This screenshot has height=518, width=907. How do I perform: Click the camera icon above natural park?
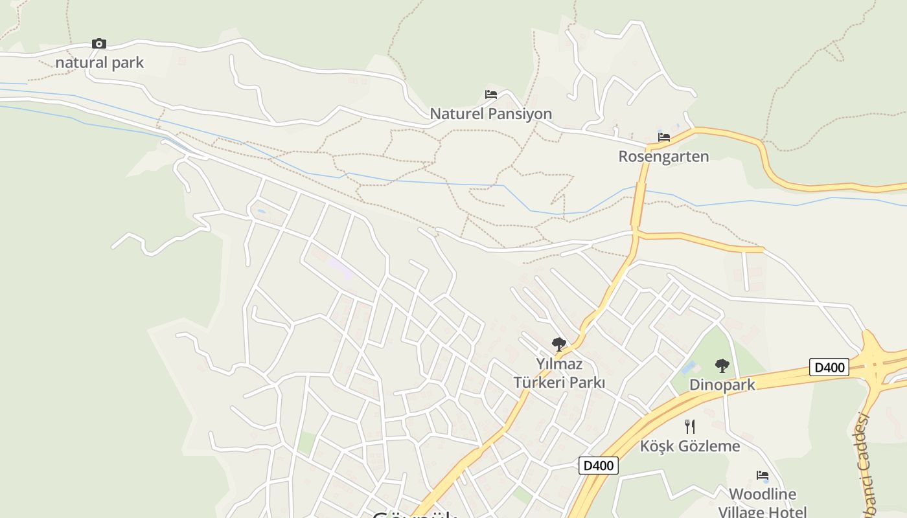98,44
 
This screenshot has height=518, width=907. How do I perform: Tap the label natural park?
100,63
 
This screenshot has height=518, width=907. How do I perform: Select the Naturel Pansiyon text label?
491,114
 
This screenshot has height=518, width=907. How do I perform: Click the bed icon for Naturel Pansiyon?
491,95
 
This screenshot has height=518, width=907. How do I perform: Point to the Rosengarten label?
663,156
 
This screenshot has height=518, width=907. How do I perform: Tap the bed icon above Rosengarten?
664,137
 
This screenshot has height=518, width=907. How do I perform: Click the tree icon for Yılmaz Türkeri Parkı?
558,344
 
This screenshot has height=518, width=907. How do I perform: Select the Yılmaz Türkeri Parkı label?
559,373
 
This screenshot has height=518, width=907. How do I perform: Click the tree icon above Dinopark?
722,366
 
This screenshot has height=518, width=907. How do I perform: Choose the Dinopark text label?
722,385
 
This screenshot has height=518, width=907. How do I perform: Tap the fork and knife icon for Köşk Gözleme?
690,427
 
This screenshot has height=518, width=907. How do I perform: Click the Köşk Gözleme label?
690,446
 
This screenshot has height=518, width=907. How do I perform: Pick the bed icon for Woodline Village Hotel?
763,475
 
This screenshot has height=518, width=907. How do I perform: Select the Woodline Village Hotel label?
763,502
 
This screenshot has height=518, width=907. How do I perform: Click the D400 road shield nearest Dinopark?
829,367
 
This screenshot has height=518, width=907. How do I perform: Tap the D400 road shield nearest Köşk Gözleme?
598,465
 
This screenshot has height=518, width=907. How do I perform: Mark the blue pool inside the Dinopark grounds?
689,368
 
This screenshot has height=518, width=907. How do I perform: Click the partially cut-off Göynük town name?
415,514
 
